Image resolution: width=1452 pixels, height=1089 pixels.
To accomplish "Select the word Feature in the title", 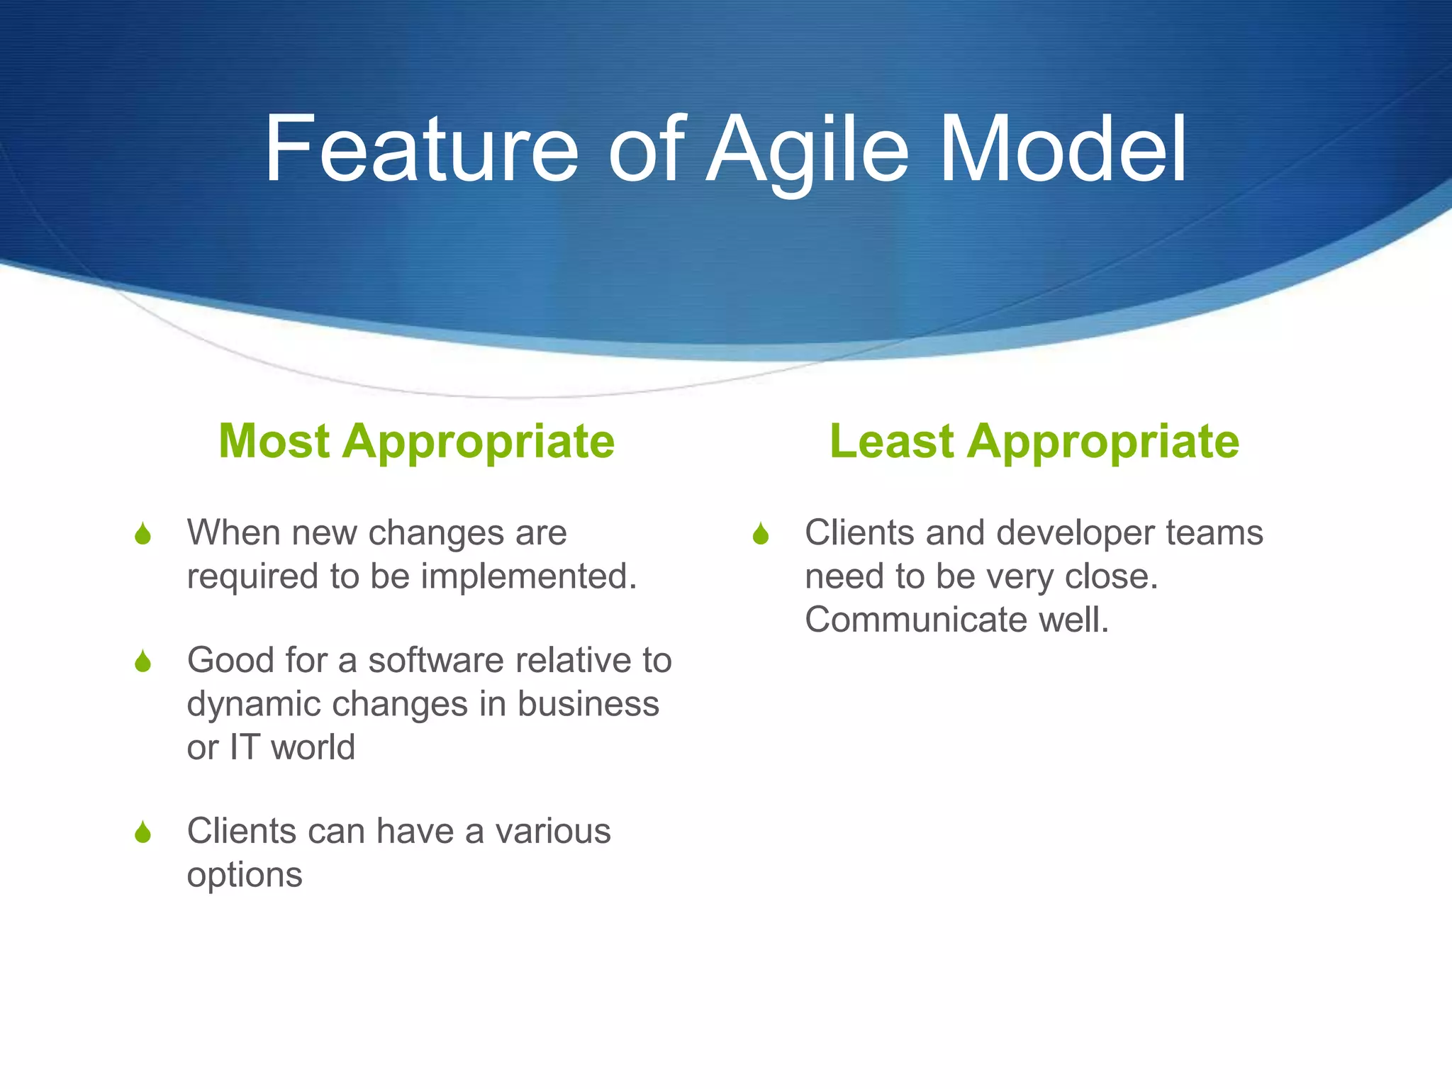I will click(421, 150).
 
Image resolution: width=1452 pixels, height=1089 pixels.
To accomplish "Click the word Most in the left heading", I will click(274, 441).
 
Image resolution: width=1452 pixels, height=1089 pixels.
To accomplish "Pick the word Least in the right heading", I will click(891, 441).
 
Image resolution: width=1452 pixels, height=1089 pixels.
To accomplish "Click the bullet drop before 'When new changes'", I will click(143, 534).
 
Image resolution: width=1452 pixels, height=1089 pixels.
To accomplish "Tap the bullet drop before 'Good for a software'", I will click(143, 661).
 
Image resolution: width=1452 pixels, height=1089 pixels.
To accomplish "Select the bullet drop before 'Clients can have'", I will click(143, 832).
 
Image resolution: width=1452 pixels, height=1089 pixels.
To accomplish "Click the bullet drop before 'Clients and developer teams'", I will click(761, 534).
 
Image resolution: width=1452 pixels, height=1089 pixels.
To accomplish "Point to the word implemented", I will click(529, 576).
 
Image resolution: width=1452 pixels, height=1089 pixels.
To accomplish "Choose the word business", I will click(588, 704).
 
